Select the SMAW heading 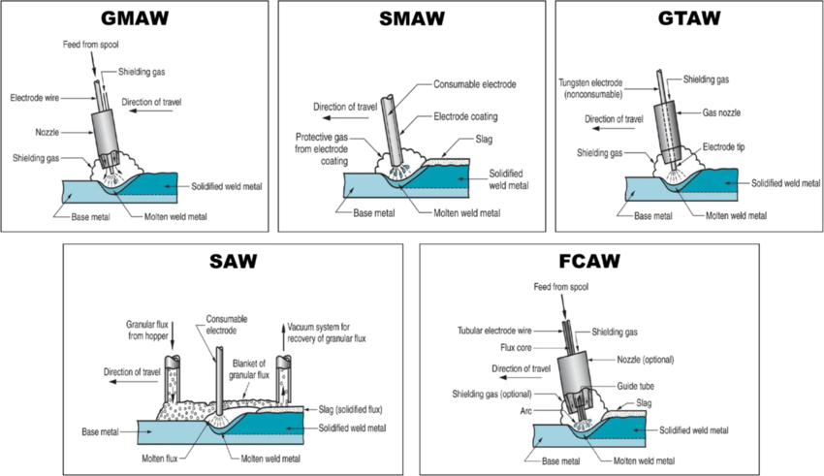tap(412, 17)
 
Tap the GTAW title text tap(689, 17)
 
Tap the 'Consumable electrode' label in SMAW tap(474, 84)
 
